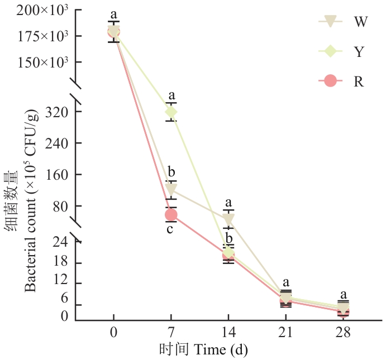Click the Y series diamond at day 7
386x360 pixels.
(171, 112)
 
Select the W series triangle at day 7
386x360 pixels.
(171, 188)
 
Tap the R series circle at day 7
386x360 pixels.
(171, 215)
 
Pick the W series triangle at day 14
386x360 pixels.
(228, 219)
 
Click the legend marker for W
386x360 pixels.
(330, 21)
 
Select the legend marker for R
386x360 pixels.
(330, 81)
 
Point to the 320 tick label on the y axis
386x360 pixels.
(56, 112)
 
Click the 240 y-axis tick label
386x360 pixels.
(56, 143)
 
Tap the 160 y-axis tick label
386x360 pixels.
(56, 175)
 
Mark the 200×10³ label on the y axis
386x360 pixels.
(42, 11)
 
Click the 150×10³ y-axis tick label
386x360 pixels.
(42, 63)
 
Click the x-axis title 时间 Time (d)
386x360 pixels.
(203, 349)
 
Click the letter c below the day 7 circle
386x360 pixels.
(170, 229)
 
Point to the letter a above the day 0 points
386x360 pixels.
(113, 15)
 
